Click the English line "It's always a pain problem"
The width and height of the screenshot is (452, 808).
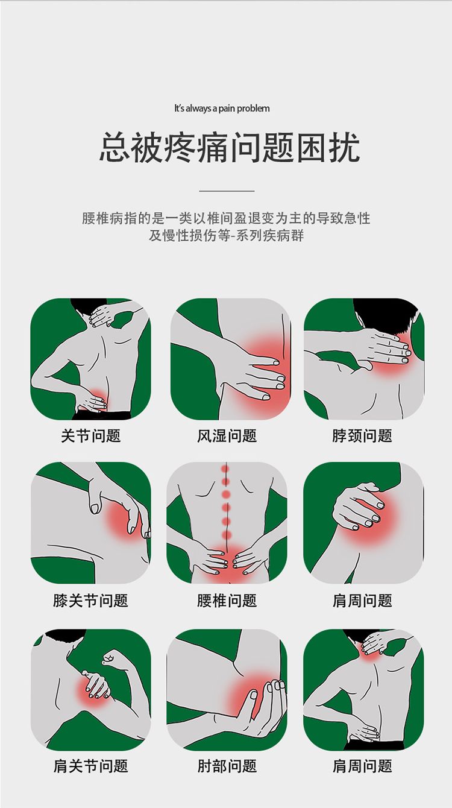click(x=222, y=108)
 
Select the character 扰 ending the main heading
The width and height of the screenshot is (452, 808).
click(x=344, y=148)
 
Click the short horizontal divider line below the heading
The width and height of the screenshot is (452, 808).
click(x=227, y=191)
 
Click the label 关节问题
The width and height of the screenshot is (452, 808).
click(x=90, y=436)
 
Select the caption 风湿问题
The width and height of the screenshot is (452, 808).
click(x=227, y=436)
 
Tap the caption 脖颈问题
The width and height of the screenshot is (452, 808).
click(x=362, y=436)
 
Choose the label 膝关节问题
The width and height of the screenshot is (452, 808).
click(x=90, y=601)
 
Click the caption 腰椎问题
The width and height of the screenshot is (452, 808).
click(x=227, y=601)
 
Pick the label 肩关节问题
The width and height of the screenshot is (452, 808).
click(x=90, y=766)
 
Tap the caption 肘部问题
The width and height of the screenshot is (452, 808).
click(x=227, y=766)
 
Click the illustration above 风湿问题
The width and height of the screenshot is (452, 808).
click(x=231, y=359)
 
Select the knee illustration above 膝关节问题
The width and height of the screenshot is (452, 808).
click(x=91, y=523)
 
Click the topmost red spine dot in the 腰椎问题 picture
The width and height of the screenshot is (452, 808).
click(x=225, y=469)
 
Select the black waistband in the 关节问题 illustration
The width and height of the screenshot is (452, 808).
click(x=102, y=415)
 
